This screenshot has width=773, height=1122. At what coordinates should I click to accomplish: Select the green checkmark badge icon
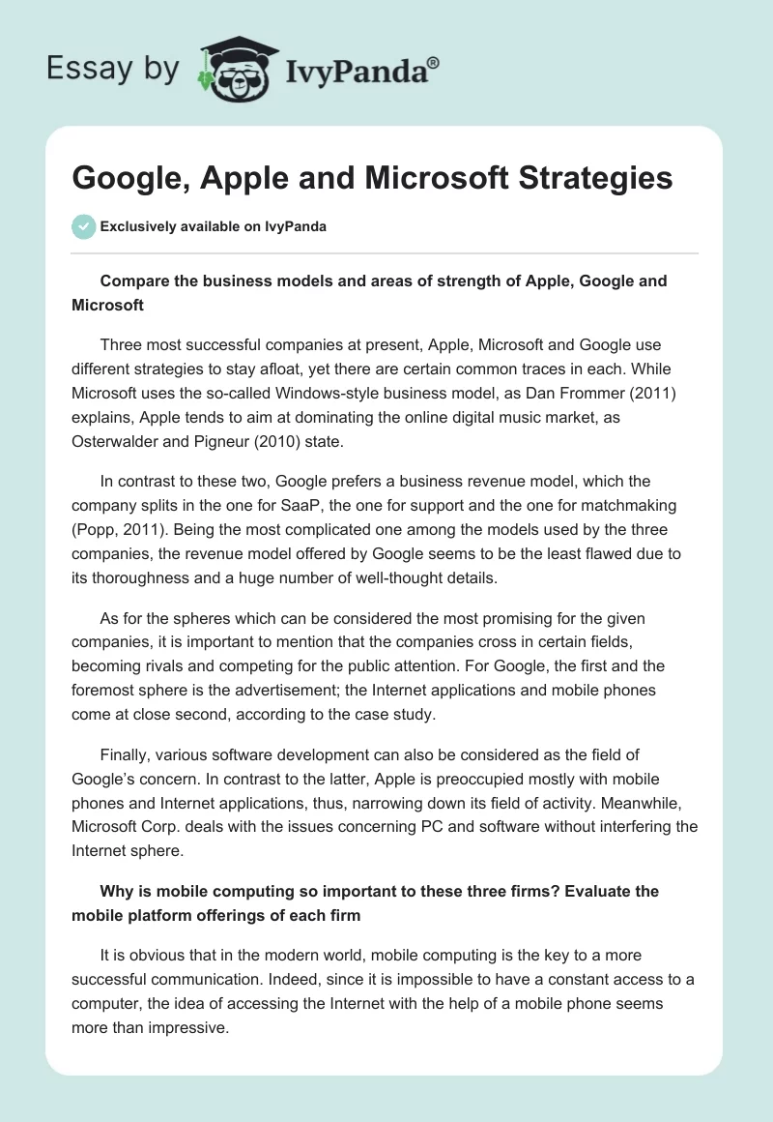click(x=83, y=226)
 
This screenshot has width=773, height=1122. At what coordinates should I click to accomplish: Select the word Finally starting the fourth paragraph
click(x=127, y=754)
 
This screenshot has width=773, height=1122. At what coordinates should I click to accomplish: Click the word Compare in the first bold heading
click(x=136, y=280)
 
